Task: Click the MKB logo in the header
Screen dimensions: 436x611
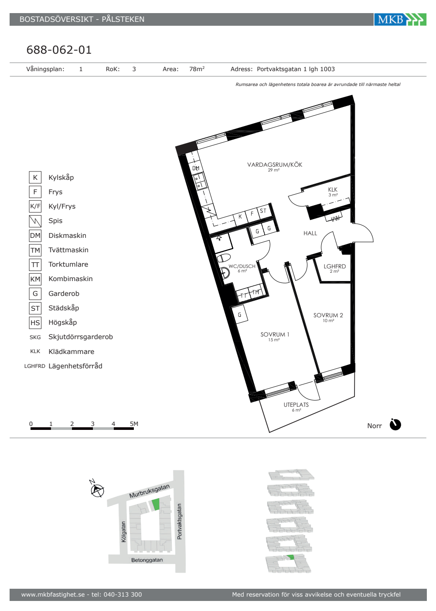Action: click(400, 19)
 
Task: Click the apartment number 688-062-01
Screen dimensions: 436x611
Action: click(59, 50)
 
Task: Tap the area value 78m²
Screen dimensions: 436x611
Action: click(197, 69)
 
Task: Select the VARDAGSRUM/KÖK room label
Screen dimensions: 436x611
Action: click(275, 165)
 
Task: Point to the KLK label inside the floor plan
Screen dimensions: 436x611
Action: click(333, 189)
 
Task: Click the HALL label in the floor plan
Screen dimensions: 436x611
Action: click(310, 233)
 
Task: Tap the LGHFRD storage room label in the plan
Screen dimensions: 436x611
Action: click(335, 266)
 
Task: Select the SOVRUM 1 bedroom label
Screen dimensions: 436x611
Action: click(275, 334)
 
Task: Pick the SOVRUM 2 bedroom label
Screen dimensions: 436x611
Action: click(328, 315)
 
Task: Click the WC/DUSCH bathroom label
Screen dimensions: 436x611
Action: click(242, 266)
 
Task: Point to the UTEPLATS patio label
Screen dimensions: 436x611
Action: click(296, 405)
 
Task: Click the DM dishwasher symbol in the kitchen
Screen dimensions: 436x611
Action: click(196, 168)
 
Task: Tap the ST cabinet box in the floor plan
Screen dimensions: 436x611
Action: click(263, 211)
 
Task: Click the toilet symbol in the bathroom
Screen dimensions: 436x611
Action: click(223, 257)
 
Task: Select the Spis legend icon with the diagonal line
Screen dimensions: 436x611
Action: click(35, 221)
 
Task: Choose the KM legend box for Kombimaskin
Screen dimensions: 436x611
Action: click(35, 279)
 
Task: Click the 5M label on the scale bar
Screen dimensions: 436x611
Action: click(134, 424)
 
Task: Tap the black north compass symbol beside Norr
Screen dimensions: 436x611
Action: click(395, 425)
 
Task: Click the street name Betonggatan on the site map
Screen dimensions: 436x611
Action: click(147, 560)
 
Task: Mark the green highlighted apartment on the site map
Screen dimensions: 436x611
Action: click(155, 504)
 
